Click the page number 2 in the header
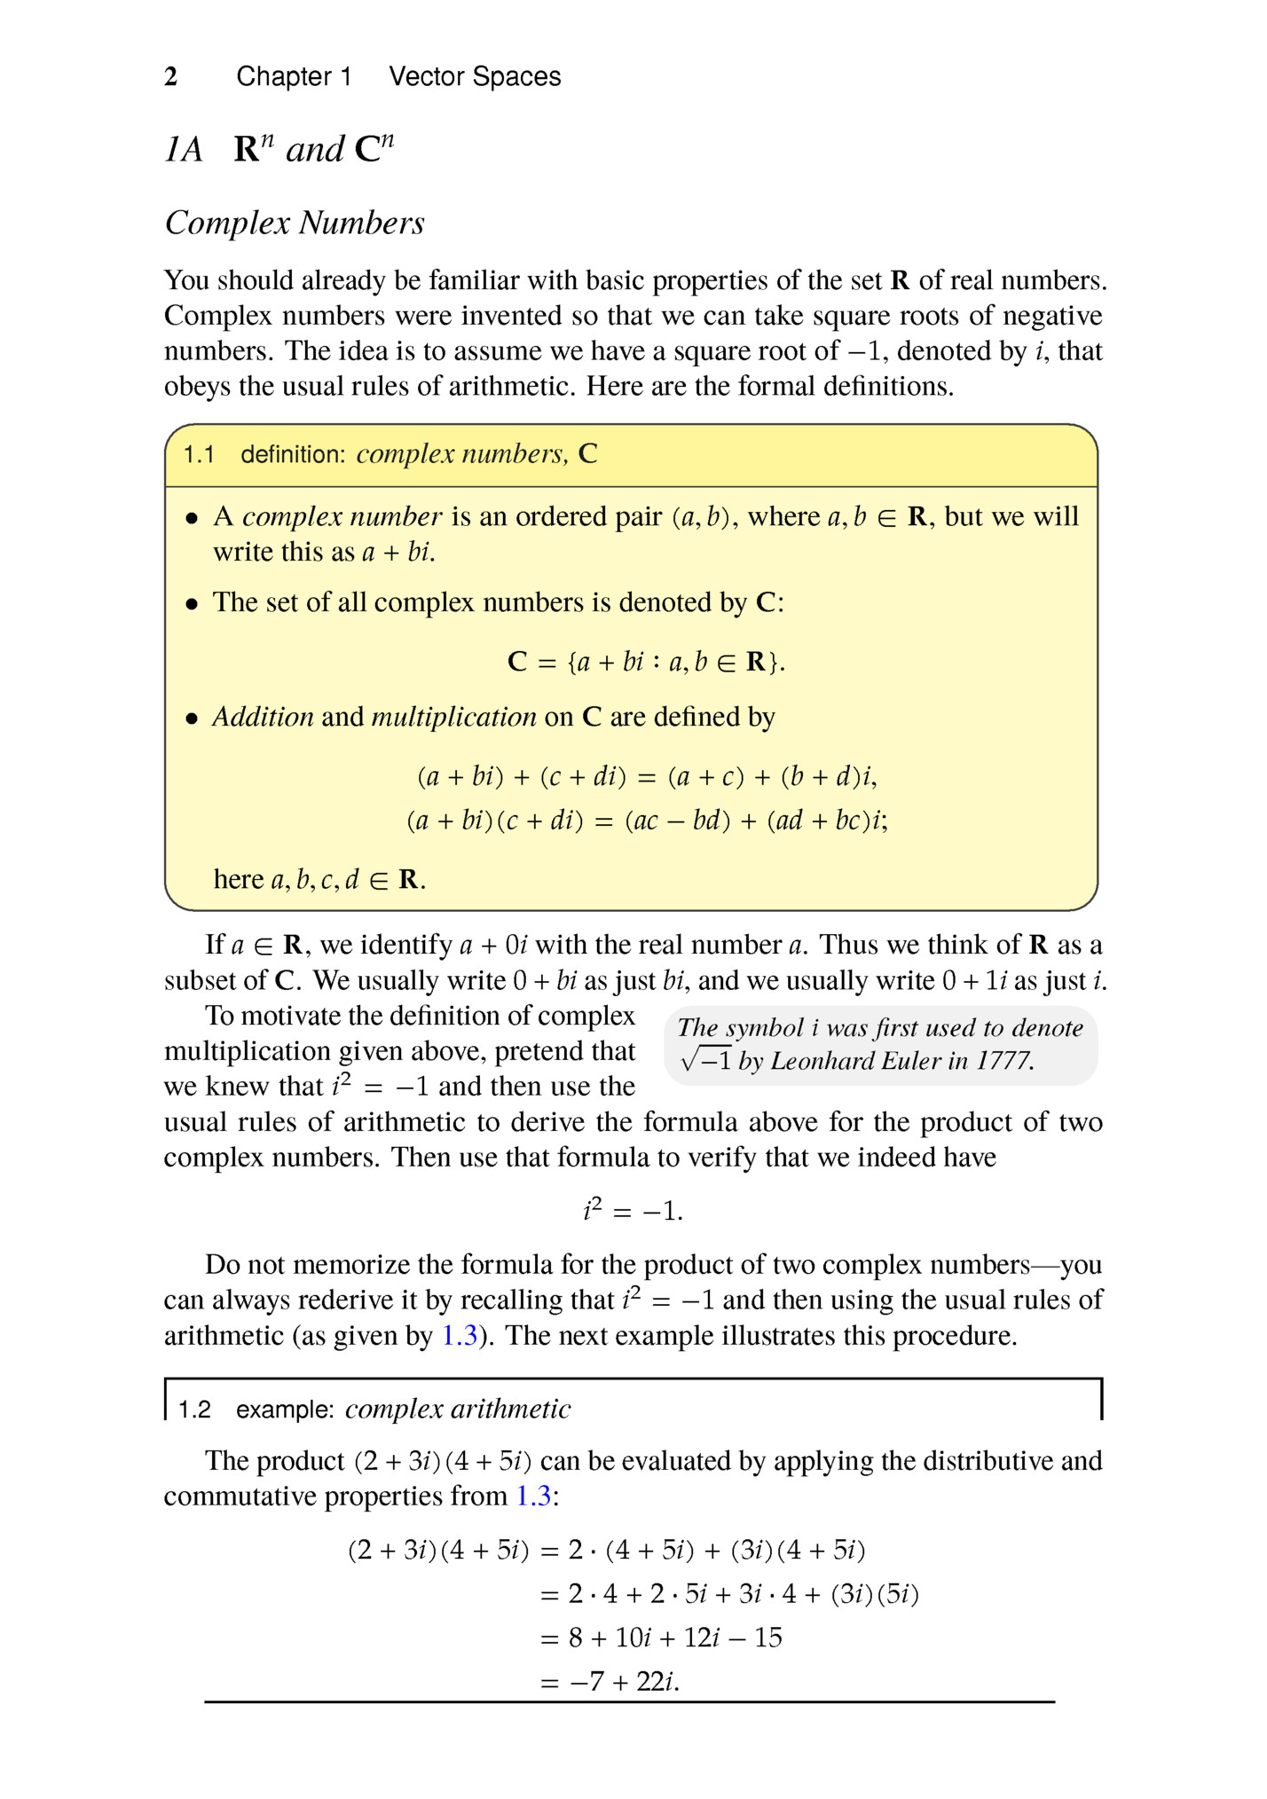pyautogui.click(x=171, y=77)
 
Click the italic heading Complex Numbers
pyautogui.click(x=295, y=223)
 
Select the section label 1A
pyautogui.click(x=184, y=150)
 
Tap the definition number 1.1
pyautogui.click(x=199, y=455)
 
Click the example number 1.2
pyautogui.click(x=194, y=1410)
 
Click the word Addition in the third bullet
pyautogui.click(x=263, y=717)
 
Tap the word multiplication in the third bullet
pyautogui.click(x=453, y=717)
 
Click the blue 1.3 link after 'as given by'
pyautogui.click(x=460, y=1335)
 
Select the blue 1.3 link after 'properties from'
pyautogui.click(x=533, y=1496)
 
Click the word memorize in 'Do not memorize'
pyautogui.click(x=354, y=1264)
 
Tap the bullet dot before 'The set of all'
pyautogui.click(x=191, y=604)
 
